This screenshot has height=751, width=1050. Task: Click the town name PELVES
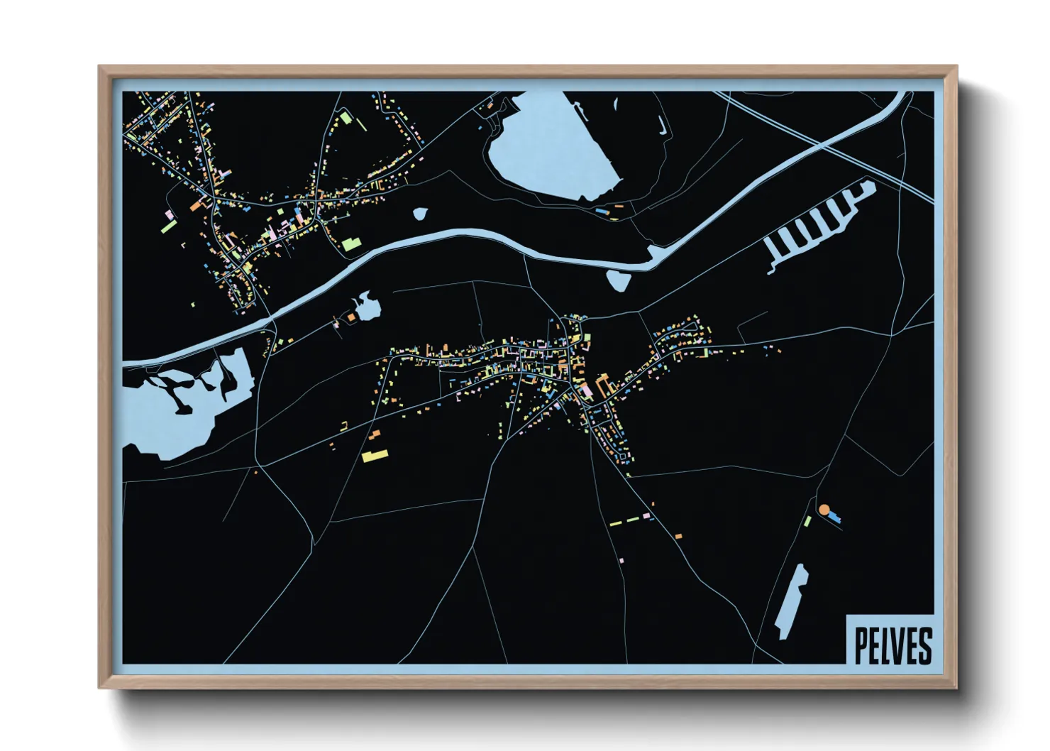(x=892, y=645)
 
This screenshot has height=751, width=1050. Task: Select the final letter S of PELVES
(x=924, y=645)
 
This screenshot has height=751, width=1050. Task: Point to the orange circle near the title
(x=824, y=510)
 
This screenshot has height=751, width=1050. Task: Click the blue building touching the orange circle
(x=834, y=517)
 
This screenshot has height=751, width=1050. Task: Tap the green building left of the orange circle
(x=807, y=522)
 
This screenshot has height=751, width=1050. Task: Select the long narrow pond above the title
(x=791, y=601)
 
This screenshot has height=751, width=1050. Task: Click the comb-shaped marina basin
(x=816, y=224)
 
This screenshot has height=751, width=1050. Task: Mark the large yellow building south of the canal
(x=375, y=456)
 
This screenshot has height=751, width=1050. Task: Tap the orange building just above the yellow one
(x=375, y=434)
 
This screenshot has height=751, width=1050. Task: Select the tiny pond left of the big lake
(x=420, y=213)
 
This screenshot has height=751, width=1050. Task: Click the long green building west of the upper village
(x=169, y=226)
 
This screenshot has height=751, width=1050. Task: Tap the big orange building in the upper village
(x=197, y=206)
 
